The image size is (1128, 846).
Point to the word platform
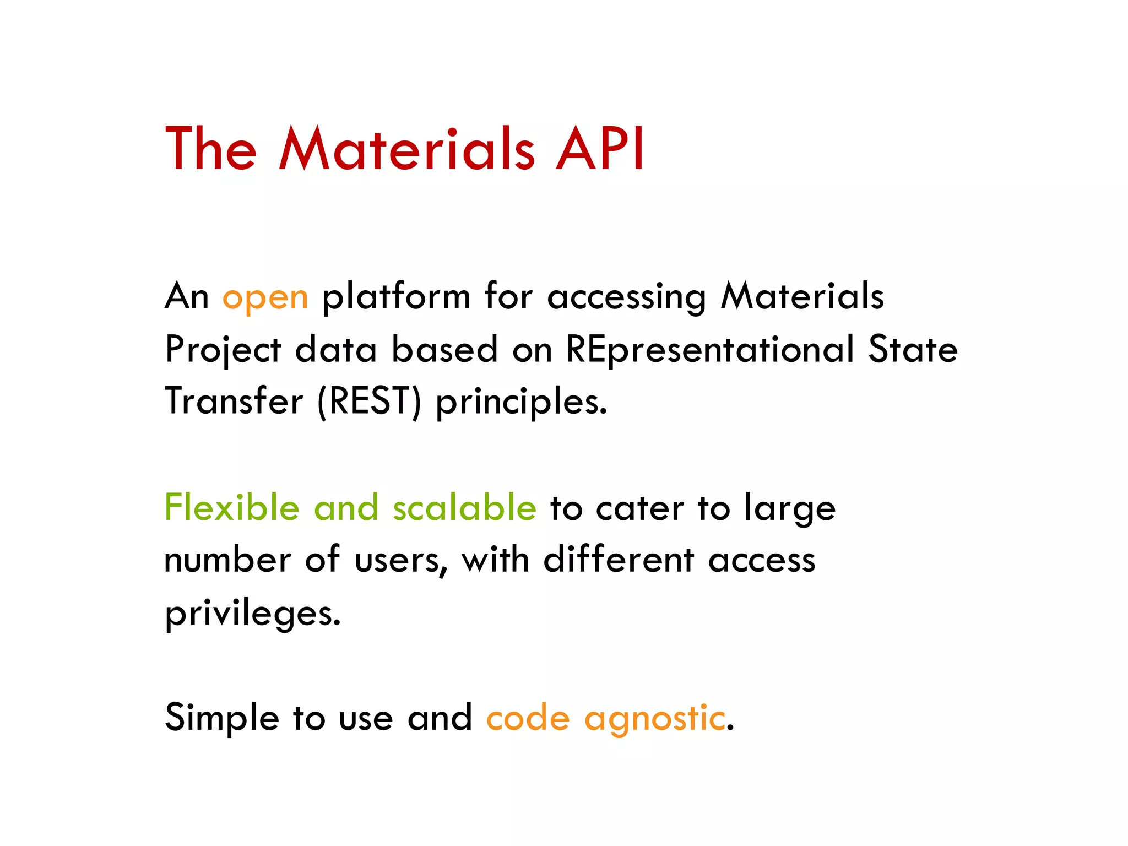(x=396, y=297)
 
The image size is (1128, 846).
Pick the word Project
(x=223, y=350)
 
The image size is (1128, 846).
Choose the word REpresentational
(x=710, y=350)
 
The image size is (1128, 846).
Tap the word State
(x=913, y=349)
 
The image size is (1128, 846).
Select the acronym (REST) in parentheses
(x=369, y=402)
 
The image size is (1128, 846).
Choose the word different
(x=619, y=560)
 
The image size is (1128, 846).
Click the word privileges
(x=253, y=614)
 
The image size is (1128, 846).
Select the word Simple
(x=222, y=718)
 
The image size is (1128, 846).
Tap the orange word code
(x=528, y=718)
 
